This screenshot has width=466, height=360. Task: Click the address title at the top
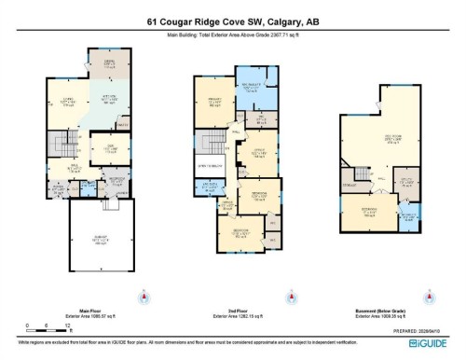(232, 21)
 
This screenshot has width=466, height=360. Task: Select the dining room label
(109, 63)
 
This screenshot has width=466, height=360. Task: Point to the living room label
(67, 101)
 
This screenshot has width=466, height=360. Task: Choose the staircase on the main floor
(62, 145)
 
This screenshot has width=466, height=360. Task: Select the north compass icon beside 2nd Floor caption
(292, 298)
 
